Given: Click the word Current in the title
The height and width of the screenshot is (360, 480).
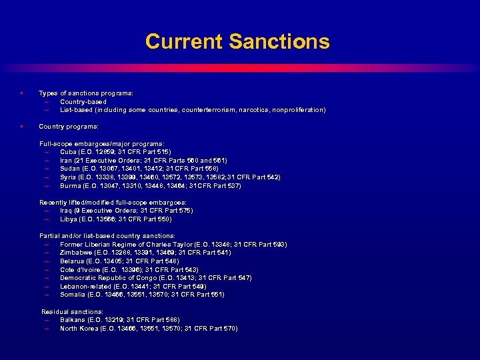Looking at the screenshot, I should coord(183,42).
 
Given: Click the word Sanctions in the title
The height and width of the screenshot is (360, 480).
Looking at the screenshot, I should coord(279,42).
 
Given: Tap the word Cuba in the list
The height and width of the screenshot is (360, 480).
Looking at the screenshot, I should coord(69,152).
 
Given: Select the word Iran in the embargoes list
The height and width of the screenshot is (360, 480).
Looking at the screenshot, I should coord(67,160).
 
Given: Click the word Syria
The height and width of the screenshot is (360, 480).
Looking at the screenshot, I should coord(69,177).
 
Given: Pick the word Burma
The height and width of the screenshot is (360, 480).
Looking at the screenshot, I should coord(71,185).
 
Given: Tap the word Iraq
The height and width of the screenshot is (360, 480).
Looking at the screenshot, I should coord(67,211).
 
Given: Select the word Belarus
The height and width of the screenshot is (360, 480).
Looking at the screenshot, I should coord(73,261).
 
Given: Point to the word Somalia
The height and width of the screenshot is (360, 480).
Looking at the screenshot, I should coord(73,295).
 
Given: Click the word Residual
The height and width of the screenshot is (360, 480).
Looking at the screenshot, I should coord(56,311).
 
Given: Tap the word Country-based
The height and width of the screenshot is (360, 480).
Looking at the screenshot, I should coord(83,101).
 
